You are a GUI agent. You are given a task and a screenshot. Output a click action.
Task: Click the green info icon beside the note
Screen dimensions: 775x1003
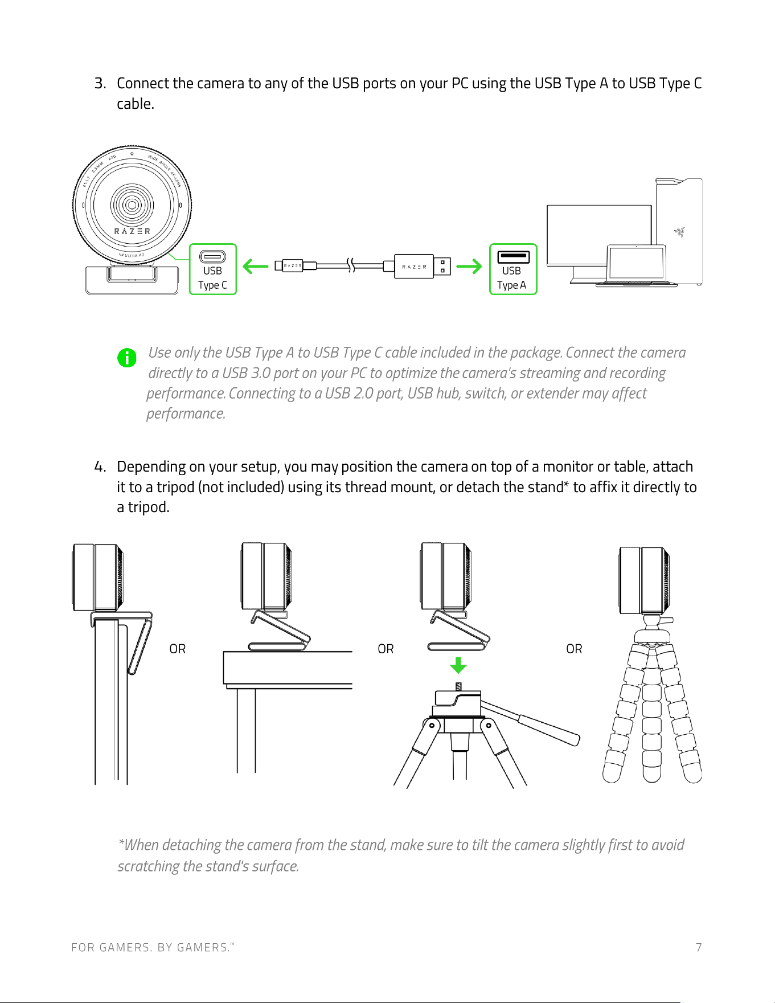point(126,358)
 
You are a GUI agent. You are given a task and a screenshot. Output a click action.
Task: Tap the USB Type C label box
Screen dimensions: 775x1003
point(212,269)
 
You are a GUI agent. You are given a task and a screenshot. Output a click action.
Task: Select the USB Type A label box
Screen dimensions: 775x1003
point(513,269)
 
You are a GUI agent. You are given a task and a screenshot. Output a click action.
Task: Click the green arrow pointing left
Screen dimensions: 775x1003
point(255,266)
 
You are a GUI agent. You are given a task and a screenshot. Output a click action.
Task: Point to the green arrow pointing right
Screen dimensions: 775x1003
point(469,266)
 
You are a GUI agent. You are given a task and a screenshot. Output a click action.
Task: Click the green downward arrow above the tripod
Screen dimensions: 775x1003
point(458,665)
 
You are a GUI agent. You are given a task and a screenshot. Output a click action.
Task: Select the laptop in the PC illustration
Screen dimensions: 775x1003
point(636,265)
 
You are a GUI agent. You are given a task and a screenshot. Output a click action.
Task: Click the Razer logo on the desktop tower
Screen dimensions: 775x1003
point(679,232)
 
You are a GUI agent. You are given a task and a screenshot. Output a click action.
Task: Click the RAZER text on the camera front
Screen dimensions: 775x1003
point(132,231)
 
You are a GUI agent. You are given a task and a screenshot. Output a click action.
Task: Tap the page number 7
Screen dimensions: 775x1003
point(699,947)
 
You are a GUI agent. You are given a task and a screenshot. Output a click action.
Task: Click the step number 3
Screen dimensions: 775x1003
point(100,83)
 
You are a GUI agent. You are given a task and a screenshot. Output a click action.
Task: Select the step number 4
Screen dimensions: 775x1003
point(100,466)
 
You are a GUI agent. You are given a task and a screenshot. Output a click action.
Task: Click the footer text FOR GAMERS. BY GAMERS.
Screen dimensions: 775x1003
point(153,947)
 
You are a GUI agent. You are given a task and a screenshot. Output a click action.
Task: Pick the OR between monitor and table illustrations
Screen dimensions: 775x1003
point(178,649)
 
